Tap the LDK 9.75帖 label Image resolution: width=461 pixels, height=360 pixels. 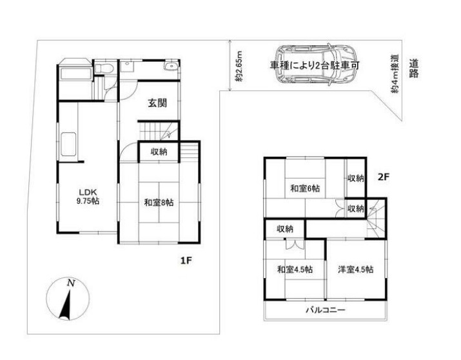(89, 196)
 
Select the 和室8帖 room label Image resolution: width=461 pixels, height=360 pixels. (159, 203)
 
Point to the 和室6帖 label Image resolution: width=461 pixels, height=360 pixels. (306, 188)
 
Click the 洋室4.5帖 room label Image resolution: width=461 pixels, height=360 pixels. (355, 270)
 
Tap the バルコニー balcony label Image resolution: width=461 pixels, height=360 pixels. (325, 310)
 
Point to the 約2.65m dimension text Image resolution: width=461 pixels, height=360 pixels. (239, 66)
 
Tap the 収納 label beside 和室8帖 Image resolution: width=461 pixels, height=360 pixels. (159, 152)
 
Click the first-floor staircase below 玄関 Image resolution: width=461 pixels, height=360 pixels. (157, 132)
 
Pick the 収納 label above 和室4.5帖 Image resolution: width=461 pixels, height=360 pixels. (286, 228)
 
